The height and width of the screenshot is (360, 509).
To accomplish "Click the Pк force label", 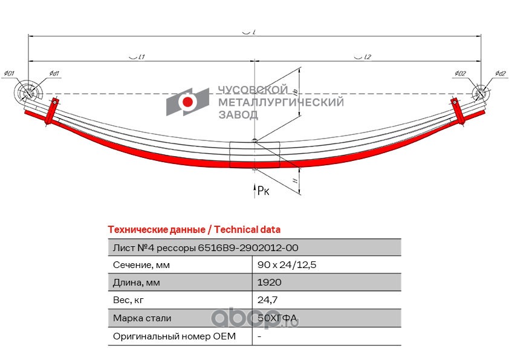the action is pos(262,191).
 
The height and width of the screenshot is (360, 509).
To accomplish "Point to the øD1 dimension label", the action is pos(8,74).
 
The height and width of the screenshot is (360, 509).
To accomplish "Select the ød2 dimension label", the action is pos(499,74).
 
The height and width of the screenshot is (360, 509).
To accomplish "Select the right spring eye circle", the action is pos(479,94).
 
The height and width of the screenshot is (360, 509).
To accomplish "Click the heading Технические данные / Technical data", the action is pos(193,230).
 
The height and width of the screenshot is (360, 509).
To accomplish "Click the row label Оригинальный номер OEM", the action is pos(174,336).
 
